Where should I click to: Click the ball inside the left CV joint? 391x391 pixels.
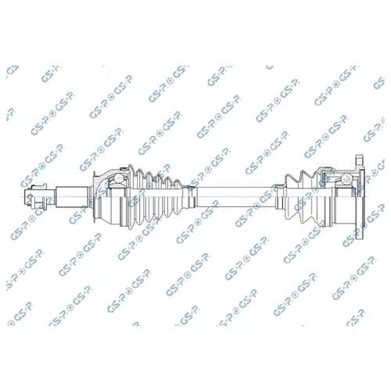click(119, 178)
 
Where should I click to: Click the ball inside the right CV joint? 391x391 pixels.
click(346, 178)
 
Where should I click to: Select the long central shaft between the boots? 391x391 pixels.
click(236, 197)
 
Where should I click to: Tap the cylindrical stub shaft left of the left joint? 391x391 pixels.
click(72, 197)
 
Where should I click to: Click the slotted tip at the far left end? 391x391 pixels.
click(29, 197)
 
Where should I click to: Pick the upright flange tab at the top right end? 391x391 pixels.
click(360, 160)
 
